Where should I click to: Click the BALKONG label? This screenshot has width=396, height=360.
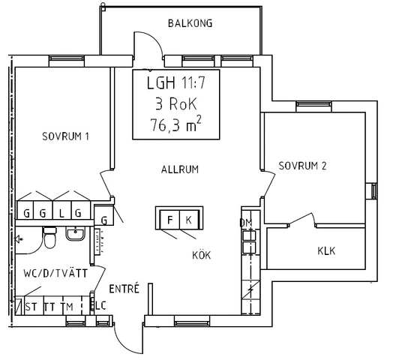[190, 23]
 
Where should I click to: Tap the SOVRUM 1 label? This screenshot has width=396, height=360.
[65, 136]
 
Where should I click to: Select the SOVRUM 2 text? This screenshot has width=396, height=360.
[302, 166]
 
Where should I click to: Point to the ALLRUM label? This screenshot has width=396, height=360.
[180, 169]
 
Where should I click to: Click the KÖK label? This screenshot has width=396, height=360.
[201, 255]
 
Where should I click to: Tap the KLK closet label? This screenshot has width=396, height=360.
[326, 251]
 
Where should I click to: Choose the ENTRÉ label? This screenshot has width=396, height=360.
[124, 289]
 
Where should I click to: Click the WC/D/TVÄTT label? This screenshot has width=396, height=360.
[55, 273]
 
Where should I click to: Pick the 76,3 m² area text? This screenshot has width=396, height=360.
[176, 124]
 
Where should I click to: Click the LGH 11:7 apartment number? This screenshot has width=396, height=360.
[176, 82]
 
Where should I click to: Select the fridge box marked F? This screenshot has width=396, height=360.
[170, 220]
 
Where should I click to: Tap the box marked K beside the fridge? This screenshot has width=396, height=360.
[189, 220]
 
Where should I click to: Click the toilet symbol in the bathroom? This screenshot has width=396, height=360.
[49, 238]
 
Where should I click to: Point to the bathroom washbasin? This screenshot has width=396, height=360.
[76, 233]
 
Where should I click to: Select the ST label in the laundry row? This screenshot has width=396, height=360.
[31, 307]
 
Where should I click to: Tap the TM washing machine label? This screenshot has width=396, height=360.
[67, 307]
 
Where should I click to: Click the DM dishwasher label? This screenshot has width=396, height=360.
[246, 223]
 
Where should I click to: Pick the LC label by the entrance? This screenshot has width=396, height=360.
[100, 306]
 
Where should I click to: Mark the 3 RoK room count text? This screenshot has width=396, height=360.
[176, 103]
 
